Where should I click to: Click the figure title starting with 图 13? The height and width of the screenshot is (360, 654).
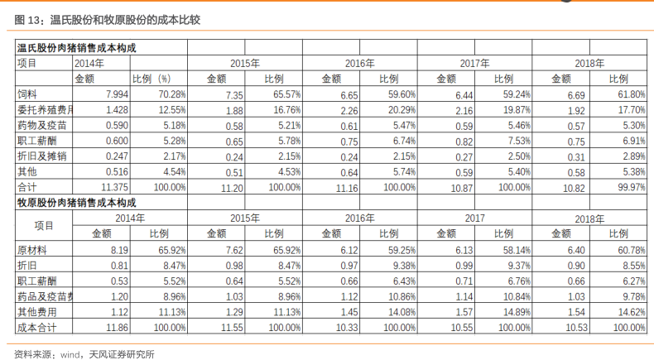pyautogui.click(x=107, y=20)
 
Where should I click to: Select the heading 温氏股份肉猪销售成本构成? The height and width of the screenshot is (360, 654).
pyautogui.click(x=77, y=48)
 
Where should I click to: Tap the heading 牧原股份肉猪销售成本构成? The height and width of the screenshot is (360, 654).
pyautogui.click(x=77, y=203)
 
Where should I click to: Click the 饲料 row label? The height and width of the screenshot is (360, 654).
pyautogui.click(x=27, y=94)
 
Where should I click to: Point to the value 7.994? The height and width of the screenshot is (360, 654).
pyautogui.click(x=117, y=94)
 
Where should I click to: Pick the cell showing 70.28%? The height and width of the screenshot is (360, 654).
pyautogui.click(x=172, y=94)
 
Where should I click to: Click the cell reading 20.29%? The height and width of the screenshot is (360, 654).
pyautogui.click(x=402, y=110)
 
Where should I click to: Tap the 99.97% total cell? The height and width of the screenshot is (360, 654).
pyautogui.click(x=632, y=187)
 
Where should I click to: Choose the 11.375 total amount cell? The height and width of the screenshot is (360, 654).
pyautogui.click(x=115, y=187)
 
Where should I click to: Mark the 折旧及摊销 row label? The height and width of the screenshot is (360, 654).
pyautogui.click(x=41, y=156)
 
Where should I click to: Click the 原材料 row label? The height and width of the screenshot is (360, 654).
pyautogui.click(x=32, y=250)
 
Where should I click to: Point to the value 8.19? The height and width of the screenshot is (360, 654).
pyautogui.click(x=119, y=250)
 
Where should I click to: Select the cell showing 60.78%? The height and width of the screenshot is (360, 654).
pyautogui.click(x=632, y=250)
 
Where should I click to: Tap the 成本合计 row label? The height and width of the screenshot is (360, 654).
pyautogui.click(x=36, y=328)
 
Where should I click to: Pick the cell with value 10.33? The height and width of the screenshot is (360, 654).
pyautogui.click(x=347, y=328)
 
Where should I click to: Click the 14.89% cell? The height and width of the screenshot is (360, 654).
pyautogui.click(x=517, y=312)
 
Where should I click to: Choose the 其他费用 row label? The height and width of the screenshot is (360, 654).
pyautogui.click(x=36, y=312)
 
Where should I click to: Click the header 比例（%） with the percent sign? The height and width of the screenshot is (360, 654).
pyautogui.click(x=151, y=79)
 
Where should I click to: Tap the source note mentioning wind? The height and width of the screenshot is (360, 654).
pyautogui.click(x=84, y=354)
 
